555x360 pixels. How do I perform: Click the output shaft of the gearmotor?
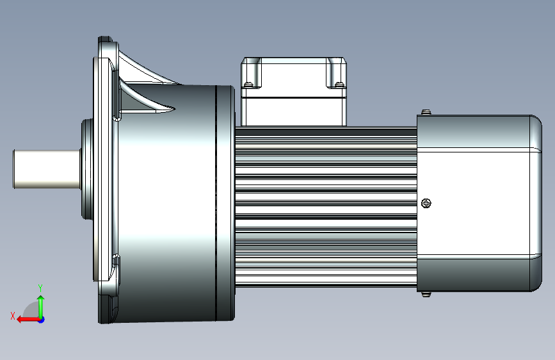click(47, 169)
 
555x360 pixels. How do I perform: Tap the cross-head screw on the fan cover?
click(426, 203)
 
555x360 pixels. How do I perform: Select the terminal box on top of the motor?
click(294, 92)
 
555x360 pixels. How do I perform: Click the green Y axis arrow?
click(41, 306)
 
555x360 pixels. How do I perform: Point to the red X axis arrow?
click(28, 320)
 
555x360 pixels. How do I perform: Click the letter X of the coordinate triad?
click(13, 316)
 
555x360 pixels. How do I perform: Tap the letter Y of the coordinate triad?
click(40, 288)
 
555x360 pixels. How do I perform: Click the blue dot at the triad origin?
click(42, 320)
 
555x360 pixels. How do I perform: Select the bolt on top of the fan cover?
click(426, 112)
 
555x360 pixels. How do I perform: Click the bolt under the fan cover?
click(426, 294)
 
